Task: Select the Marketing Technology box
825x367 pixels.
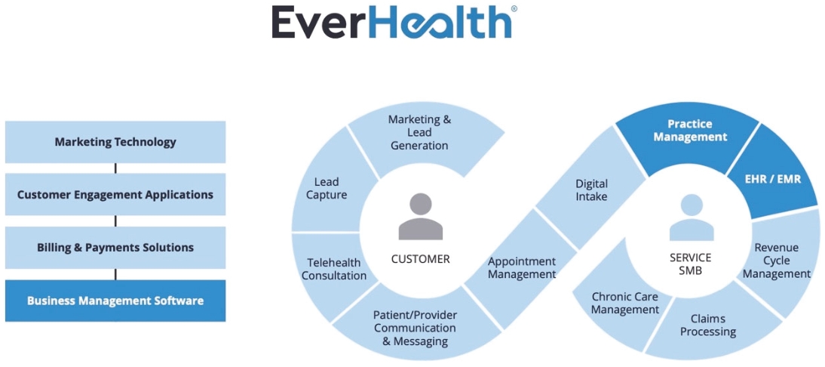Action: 115,142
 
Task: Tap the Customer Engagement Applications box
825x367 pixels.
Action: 115,195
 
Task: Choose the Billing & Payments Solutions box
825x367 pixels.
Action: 115,248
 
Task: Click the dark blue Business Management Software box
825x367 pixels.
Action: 115,301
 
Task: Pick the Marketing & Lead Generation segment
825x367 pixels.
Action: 419,132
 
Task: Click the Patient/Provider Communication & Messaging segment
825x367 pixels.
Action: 415,328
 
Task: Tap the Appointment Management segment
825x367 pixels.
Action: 521,267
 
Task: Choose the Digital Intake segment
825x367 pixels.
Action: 591,190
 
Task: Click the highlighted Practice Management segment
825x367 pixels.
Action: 690,130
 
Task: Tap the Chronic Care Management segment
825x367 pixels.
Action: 624,303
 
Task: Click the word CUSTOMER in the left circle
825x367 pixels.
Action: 420,259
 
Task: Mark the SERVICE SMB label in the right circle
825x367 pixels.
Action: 690,264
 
